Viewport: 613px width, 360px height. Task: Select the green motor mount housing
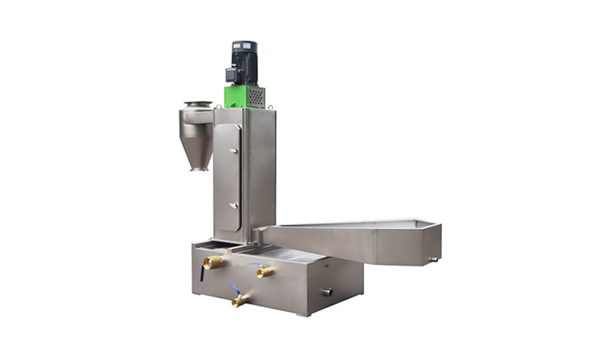[x=244, y=97]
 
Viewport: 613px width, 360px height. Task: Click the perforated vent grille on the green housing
[x=256, y=98]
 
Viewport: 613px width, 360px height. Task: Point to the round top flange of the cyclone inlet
[x=197, y=104]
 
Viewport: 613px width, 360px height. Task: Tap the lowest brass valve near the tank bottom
[x=239, y=300]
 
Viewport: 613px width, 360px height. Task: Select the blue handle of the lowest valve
[x=233, y=289]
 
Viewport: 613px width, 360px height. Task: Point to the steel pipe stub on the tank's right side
[x=327, y=291]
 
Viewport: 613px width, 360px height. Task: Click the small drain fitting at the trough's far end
[x=434, y=259]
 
